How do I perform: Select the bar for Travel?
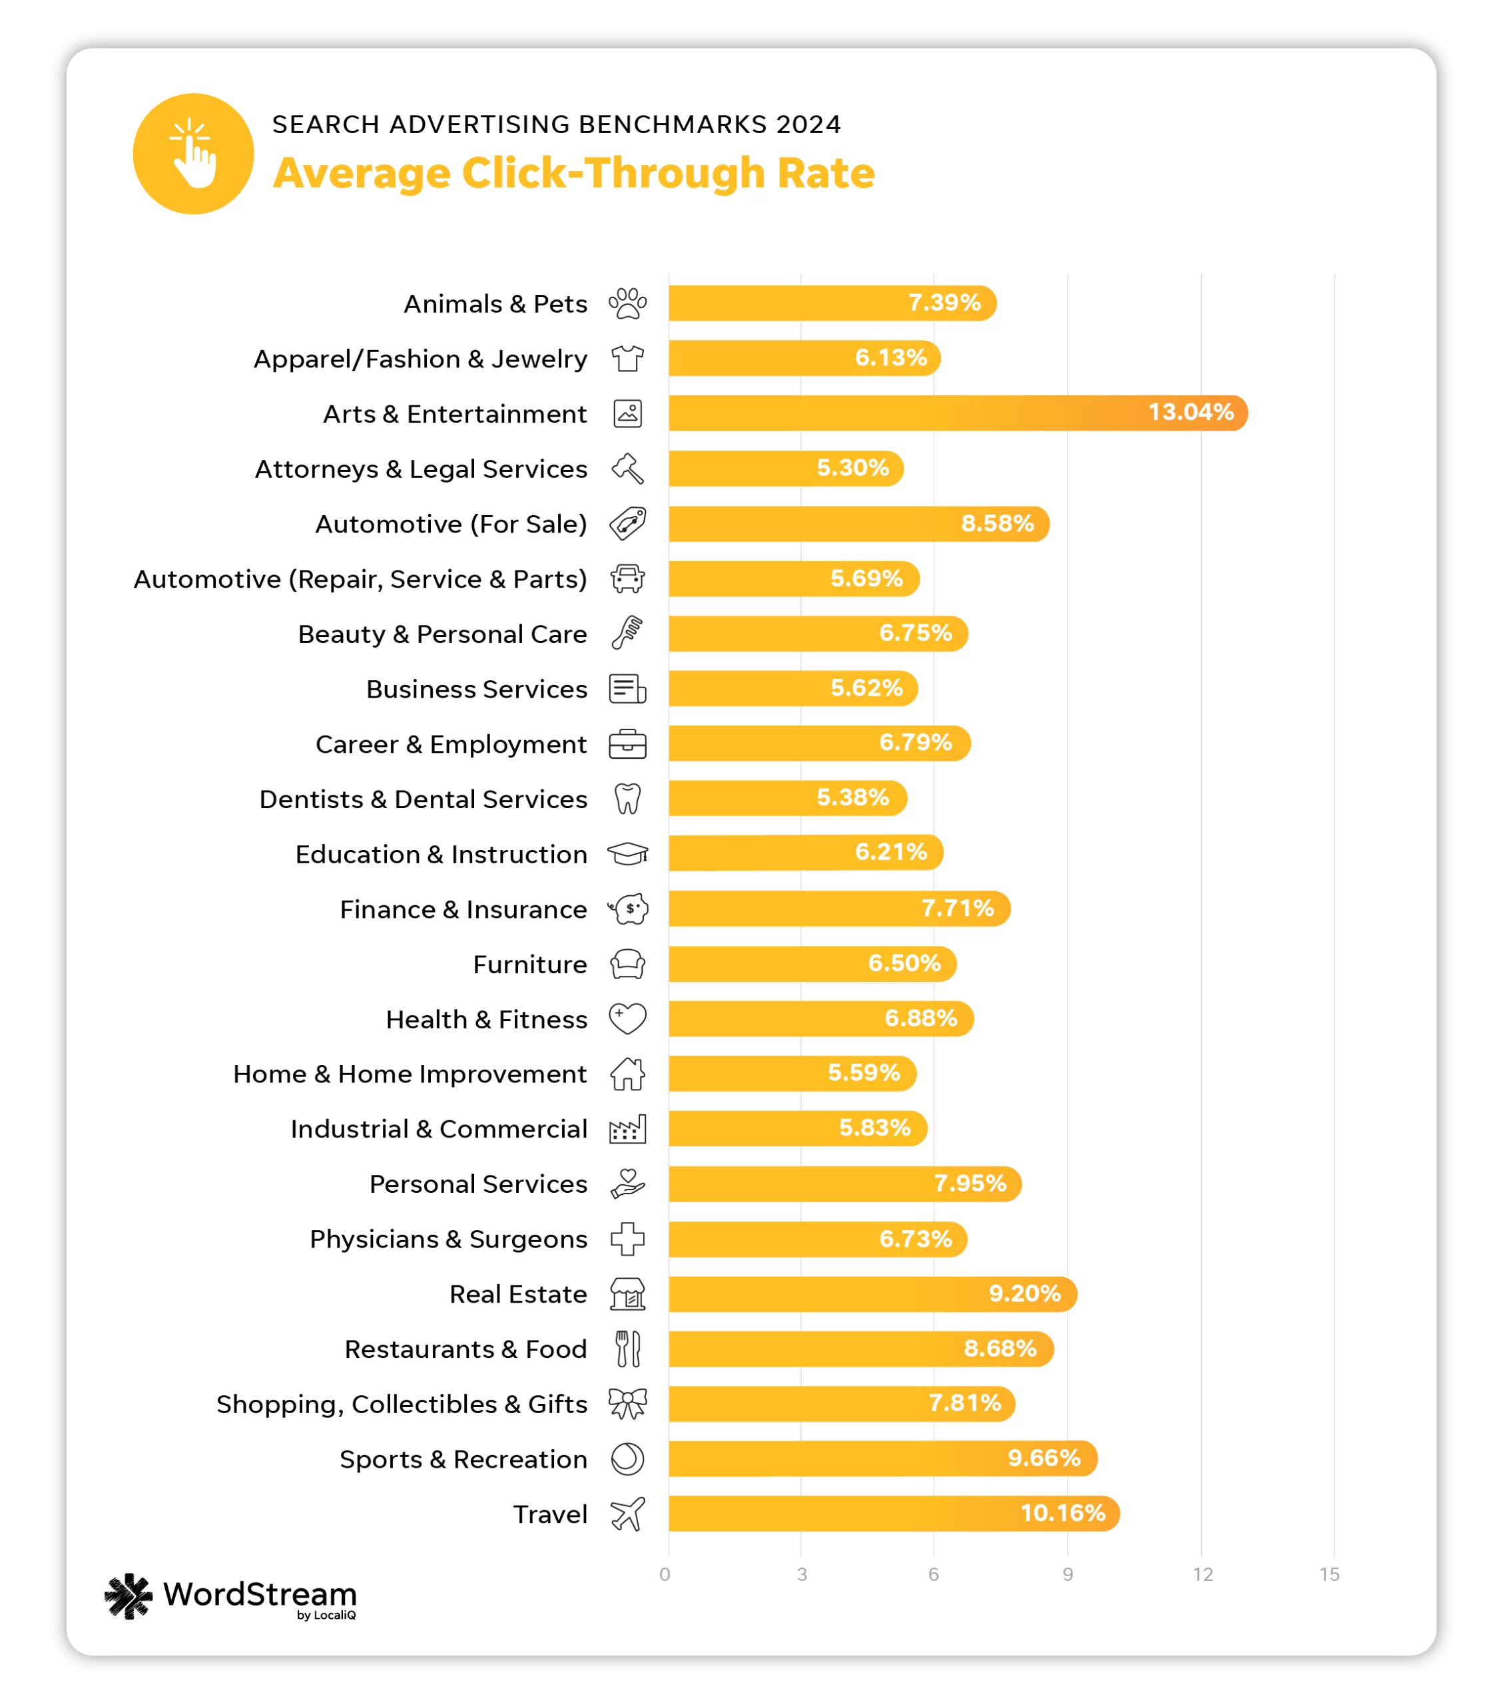[892, 1513]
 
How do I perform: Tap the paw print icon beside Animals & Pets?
[627, 304]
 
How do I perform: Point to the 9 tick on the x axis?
[1067, 1574]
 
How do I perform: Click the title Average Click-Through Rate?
[574, 174]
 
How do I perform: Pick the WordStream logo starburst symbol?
[129, 1596]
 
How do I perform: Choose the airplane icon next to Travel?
[627, 1514]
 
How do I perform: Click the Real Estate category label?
[518, 1294]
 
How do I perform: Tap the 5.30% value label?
[852, 468]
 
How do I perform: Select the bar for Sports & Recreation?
[882, 1458]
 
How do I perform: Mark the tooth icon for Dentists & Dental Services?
[627, 799]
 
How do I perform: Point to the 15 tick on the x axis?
[1329, 1574]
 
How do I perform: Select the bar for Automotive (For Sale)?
[858, 524]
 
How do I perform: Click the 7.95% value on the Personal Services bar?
[970, 1183]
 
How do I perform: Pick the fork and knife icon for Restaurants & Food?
[627, 1349]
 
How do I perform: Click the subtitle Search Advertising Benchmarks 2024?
[556, 124]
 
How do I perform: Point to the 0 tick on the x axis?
[665, 1574]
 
